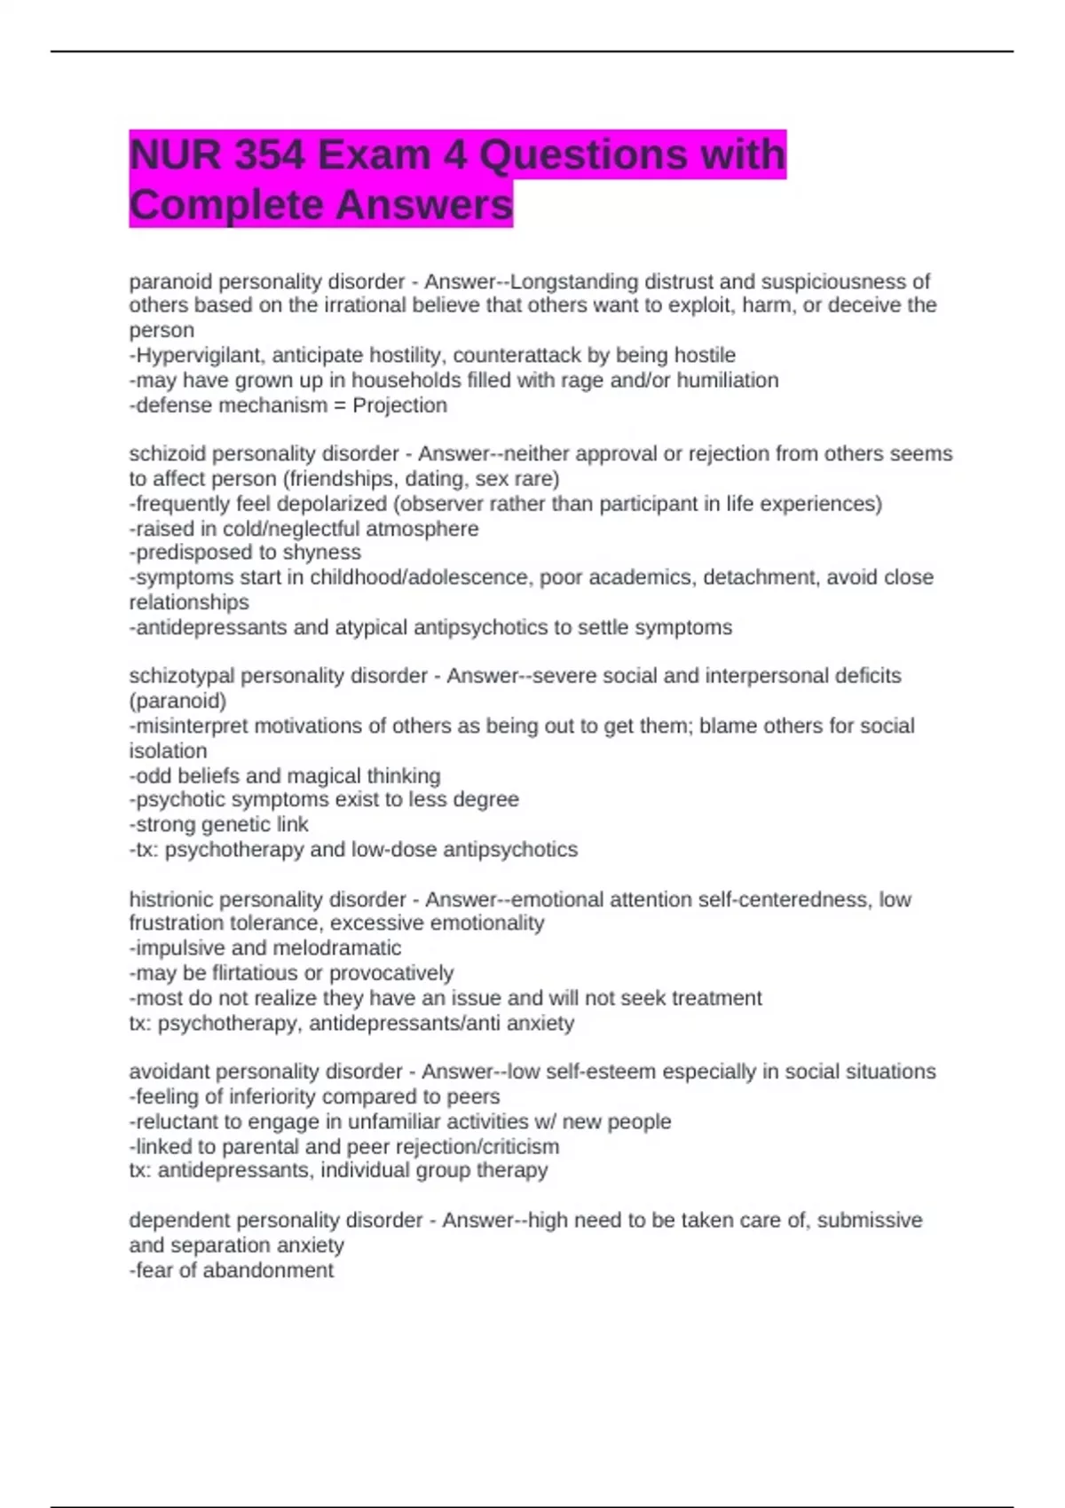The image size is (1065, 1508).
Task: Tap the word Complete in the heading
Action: pos(225,205)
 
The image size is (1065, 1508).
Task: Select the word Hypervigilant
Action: pos(200,356)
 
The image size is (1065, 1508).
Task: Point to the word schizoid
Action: pos(168,454)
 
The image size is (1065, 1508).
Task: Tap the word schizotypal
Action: pos(182,676)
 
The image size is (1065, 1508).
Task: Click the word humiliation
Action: pos(721,381)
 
